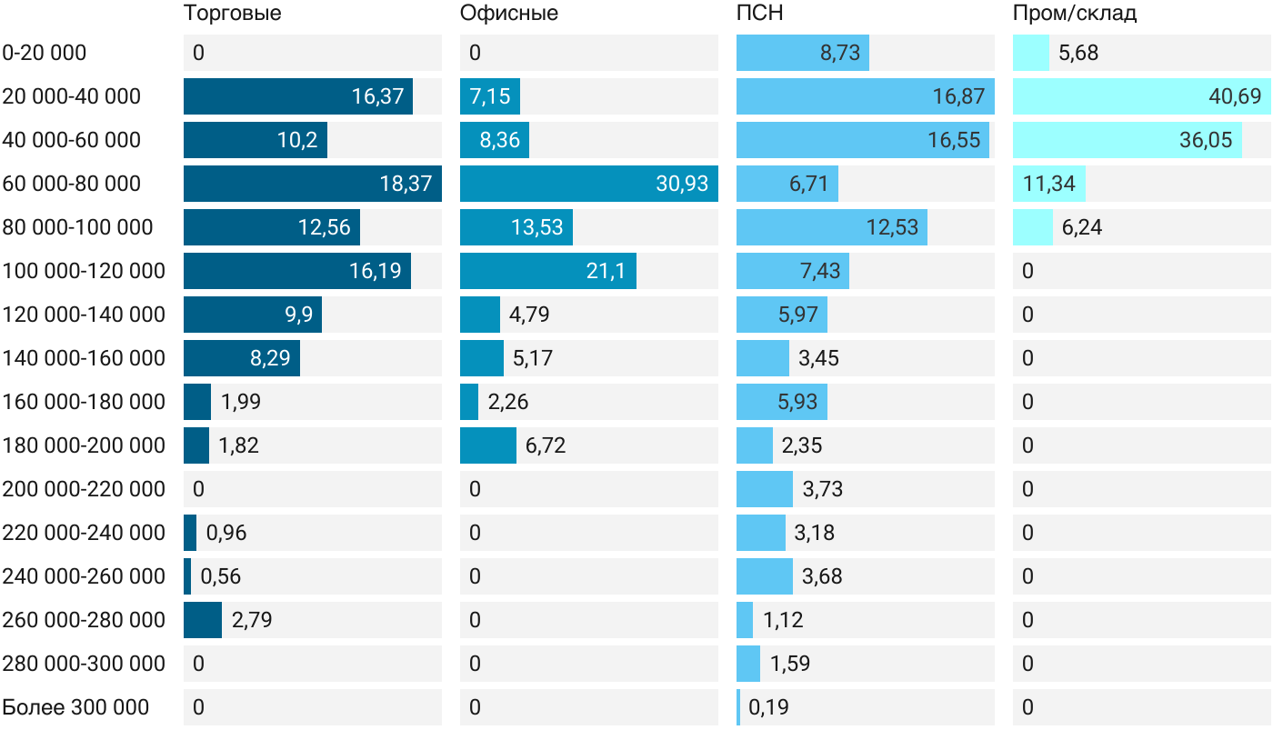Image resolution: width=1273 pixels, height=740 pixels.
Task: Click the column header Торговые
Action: point(232,13)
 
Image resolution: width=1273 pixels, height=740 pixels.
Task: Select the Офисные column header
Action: point(508,13)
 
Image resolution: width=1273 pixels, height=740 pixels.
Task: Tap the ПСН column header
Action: point(759,13)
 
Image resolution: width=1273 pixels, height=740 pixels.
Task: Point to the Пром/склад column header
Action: point(1074,13)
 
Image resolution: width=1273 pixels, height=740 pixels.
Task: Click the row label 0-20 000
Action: point(45,53)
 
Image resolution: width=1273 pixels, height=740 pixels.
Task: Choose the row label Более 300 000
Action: point(75,707)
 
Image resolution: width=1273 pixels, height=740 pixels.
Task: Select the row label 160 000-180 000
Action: point(84,402)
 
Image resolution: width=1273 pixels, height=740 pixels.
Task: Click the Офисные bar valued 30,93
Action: point(589,184)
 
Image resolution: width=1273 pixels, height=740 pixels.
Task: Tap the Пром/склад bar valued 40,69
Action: point(1142,96)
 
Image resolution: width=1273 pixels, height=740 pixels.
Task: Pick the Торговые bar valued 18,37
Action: point(313,184)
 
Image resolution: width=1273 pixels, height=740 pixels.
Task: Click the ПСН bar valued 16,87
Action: point(866,96)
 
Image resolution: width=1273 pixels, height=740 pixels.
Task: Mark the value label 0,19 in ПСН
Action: point(768,707)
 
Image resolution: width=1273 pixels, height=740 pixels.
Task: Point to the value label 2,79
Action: point(252,619)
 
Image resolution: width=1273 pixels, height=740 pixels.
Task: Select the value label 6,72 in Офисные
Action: point(546,445)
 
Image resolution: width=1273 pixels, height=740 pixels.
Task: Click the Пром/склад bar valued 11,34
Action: point(1049,184)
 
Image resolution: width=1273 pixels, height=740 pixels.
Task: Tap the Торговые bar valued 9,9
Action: point(253,315)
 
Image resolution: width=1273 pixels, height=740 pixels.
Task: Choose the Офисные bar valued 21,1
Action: point(547,271)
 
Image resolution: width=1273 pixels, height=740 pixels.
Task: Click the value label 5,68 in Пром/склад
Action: point(1078,53)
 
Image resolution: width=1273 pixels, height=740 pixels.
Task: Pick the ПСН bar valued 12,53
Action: point(832,227)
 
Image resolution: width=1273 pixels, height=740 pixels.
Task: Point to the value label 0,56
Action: point(220,576)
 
